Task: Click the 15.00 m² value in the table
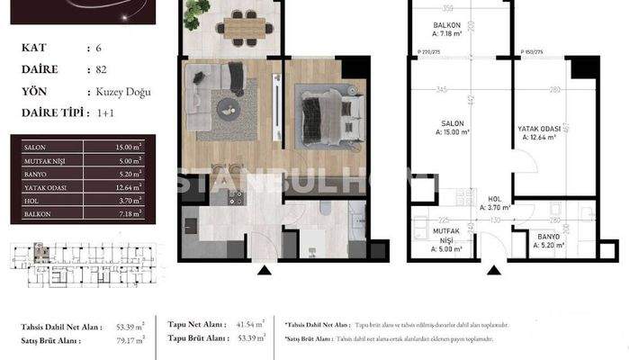pyautogui.click(x=130, y=146)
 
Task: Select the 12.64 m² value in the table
pyautogui.click(x=130, y=188)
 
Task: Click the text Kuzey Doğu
pyautogui.click(x=124, y=91)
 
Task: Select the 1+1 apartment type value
pyautogui.click(x=104, y=112)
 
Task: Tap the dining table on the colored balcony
pyautogui.click(x=242, y=28)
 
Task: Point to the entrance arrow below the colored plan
pyautogui.click(x=264, y=269)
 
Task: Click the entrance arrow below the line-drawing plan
pyautogui.click(x=492, y=269)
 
